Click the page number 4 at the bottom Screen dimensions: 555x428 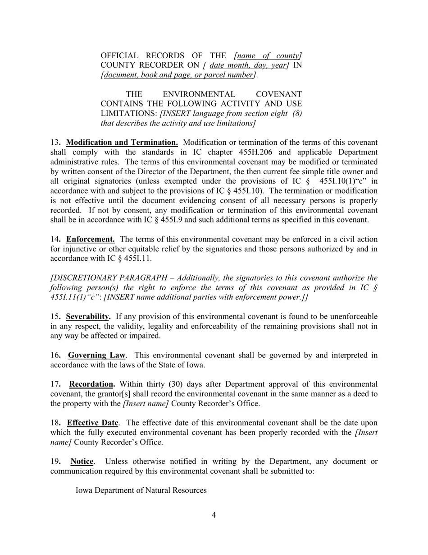click(x=214, y=515)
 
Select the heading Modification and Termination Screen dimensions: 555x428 click(x=122, y=143)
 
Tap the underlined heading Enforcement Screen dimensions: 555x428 click(x=90, y=239)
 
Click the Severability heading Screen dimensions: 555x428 click(x=88, y=317)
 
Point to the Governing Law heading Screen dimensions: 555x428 click(x=97, y=355)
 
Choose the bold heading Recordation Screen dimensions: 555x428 click(x=92, y=384)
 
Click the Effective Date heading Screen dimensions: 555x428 click(x=92, y=423)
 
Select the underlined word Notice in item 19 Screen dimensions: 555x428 click(x=82, y=462)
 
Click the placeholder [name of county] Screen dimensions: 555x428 click(x=268, y=55)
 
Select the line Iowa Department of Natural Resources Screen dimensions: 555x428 click(x=141, y=490)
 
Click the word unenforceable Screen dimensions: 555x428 click(x=348, y=317)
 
